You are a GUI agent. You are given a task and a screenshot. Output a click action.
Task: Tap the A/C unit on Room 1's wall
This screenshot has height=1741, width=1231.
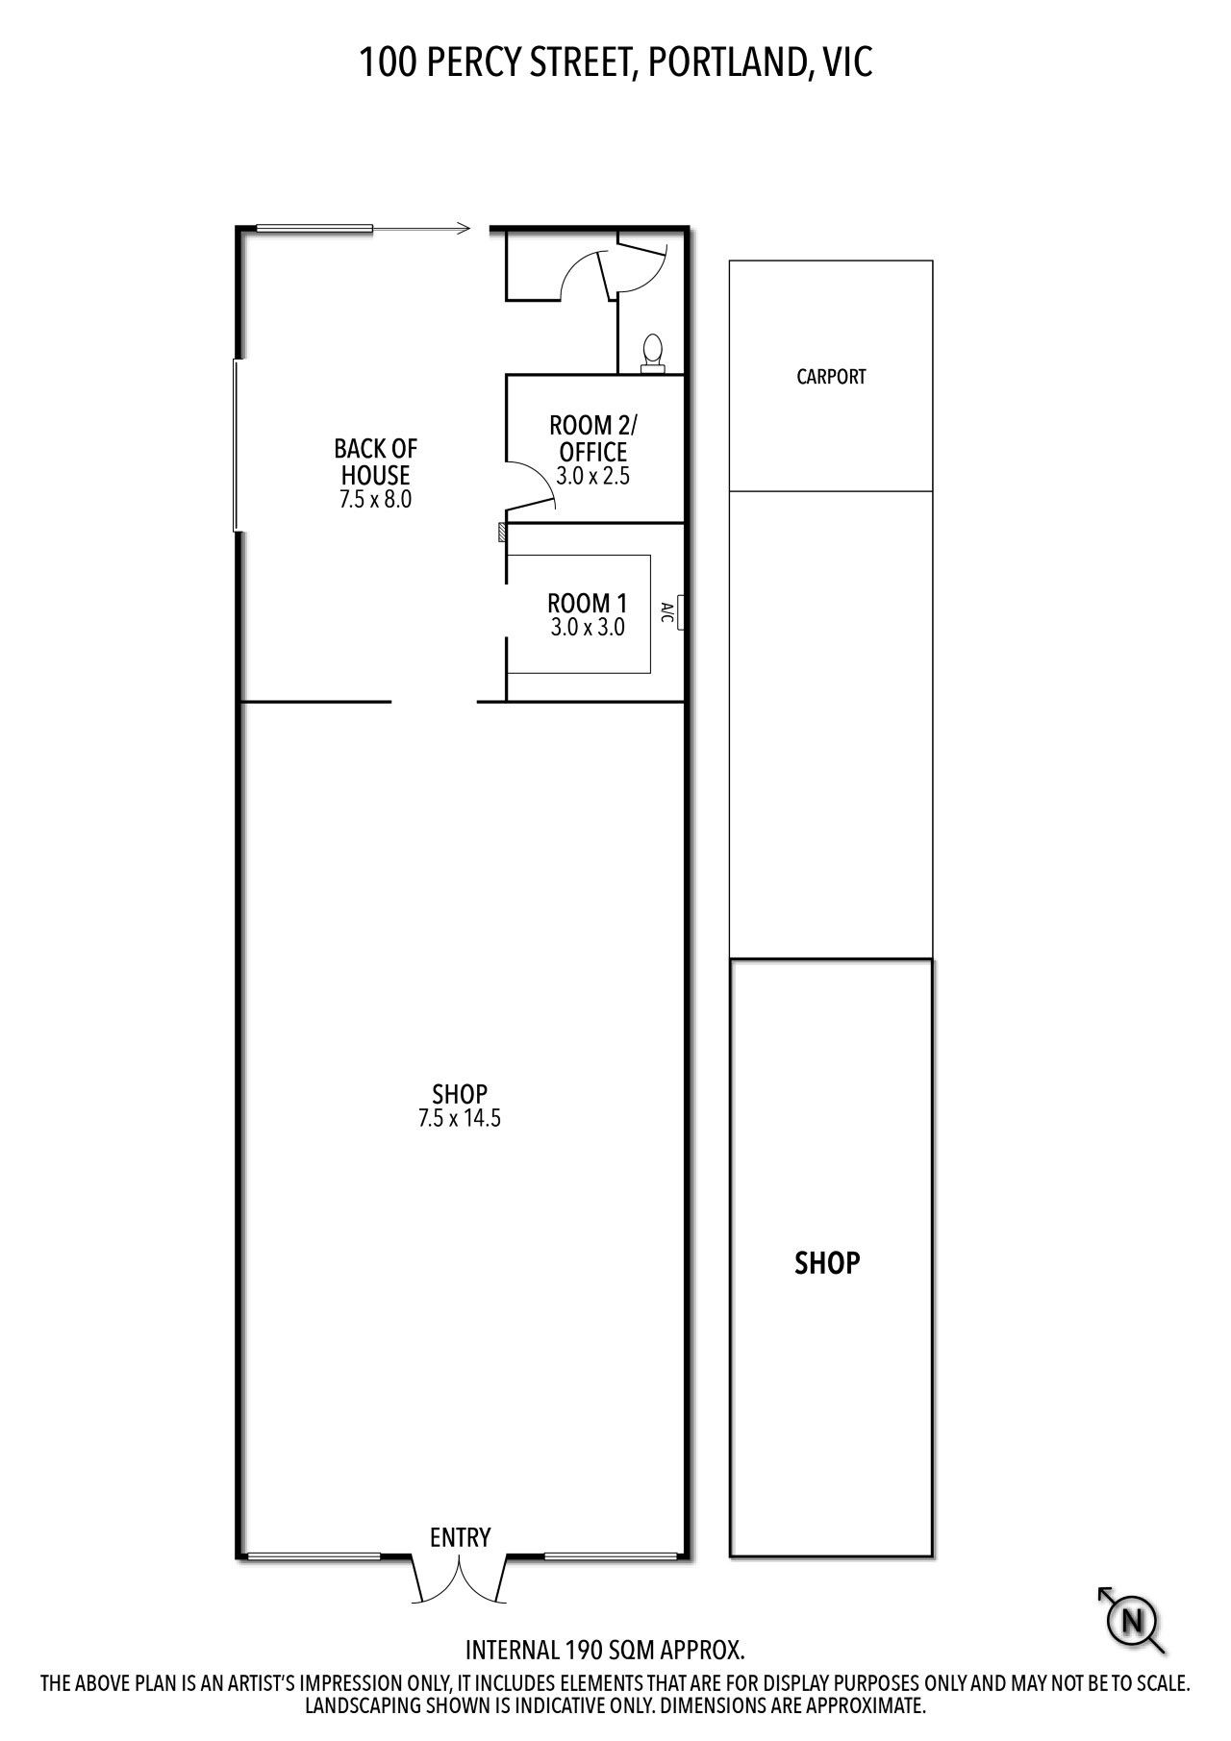[x=681, y=612]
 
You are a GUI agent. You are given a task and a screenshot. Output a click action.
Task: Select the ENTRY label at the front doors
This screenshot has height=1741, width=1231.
[x=461, y=1537]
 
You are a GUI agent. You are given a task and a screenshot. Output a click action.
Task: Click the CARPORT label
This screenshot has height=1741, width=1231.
[x=831, y=377]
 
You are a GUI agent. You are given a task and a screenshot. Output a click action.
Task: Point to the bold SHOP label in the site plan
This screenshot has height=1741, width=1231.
[x=827, y=1262]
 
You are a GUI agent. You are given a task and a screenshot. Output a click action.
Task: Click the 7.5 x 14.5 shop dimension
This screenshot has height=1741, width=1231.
[x=460, y=1118]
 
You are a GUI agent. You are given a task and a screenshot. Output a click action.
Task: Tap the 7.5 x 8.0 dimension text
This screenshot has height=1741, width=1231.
[x=375, y=499]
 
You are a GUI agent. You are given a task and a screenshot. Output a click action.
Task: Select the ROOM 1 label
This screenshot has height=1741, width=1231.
[x=587, y=604]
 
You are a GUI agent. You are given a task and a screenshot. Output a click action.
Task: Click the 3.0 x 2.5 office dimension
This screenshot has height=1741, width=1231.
[x=592, y=476]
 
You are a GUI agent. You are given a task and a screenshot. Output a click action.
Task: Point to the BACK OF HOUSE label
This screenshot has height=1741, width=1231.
[x=376, y=461]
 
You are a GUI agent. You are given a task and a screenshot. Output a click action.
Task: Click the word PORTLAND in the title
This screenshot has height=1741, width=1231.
[x=720, y=63]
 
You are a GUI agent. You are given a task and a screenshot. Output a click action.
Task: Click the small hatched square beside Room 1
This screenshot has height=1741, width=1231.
[x=501, y=533]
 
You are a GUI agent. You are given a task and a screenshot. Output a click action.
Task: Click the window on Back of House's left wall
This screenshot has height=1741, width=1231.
[x=236, y=445]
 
